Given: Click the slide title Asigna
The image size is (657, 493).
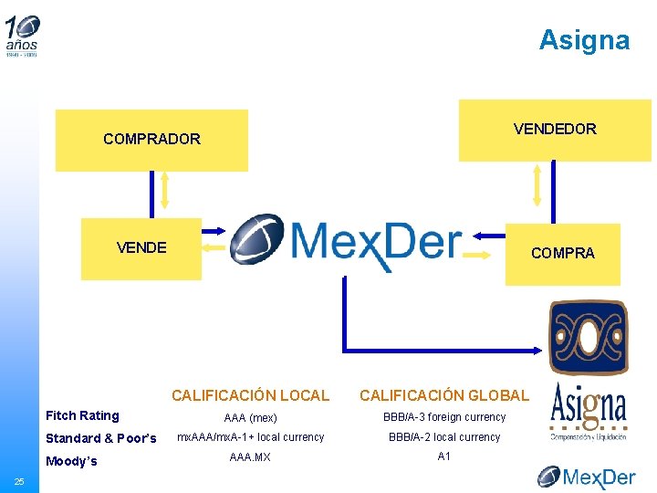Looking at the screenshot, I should [584, 40].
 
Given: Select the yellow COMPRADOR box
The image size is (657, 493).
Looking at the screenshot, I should [151, 140].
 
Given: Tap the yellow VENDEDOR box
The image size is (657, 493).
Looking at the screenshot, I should [555, 129].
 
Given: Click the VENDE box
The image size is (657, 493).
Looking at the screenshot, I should [141, 247].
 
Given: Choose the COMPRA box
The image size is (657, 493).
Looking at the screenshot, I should [562, 254].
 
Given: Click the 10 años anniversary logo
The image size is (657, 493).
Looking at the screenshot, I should [23, 35].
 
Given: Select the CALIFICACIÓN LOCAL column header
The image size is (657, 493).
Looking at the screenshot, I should [250, 395].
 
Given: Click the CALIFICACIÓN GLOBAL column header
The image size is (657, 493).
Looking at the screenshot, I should [443, 395].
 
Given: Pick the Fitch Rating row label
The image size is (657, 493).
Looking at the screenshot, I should [82, 416].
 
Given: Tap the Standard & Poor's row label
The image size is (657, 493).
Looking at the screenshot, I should [100, 438].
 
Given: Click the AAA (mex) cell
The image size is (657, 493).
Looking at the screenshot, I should [250, 417].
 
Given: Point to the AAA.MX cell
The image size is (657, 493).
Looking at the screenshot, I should [250, 456].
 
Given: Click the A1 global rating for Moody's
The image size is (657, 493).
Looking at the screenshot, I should [444, 456].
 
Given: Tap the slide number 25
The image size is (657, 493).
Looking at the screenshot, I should [18, 481].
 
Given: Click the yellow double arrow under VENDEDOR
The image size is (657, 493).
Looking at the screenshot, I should [537, 186].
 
